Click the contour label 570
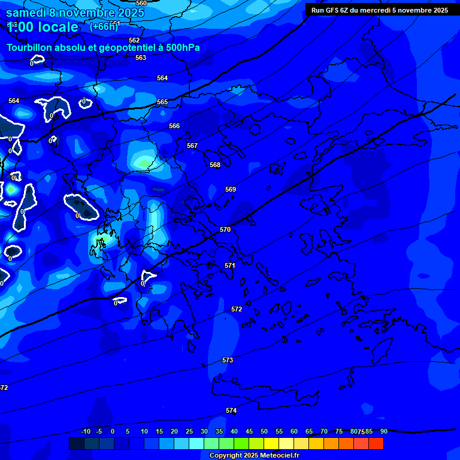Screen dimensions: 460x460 point(225,229)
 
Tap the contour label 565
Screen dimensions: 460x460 point(162,102)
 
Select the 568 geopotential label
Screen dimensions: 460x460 point(215,165)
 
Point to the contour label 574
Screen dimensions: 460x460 point(231,410)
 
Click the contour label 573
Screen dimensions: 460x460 point(228,360)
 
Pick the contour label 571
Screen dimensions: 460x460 point(230,265)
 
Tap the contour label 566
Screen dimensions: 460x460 point(174,126)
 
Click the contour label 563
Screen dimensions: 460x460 point(141,58)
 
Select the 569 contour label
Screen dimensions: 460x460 point(231,189)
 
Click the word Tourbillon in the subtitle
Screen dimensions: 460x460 point(29,48)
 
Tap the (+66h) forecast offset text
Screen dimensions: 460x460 point(104,26)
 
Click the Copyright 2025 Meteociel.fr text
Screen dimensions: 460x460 point(254,456)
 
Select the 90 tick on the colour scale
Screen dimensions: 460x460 point(383,431)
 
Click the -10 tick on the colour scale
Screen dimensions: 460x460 point(85,431)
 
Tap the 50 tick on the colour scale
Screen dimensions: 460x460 point(264,431)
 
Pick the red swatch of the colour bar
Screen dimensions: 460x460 point(376,443)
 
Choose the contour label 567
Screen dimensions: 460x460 point(192,146)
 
